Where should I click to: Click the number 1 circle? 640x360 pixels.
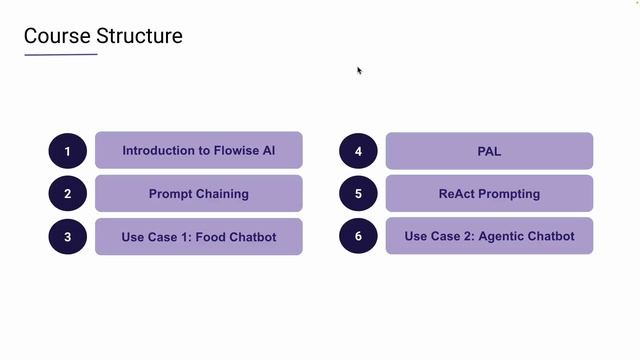[x=68, y=151]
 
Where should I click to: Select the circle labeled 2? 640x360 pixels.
[x=68, y=194]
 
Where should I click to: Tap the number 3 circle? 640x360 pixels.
[x=68, y=237]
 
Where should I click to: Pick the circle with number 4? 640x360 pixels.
[x=358, y=151]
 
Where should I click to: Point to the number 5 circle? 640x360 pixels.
[x=358, y=194]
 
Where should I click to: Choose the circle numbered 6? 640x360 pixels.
[x=358, y=237]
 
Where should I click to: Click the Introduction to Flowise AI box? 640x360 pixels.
[x=198, y=150]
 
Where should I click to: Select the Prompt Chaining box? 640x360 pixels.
[x=198, y=193]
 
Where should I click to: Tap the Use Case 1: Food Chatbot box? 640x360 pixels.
[x=198, y=236]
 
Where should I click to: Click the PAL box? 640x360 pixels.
[x=489, y=151]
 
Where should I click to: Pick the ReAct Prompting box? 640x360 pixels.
[x=489, y=193]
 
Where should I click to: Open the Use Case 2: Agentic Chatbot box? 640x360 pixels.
[x=489, y=236]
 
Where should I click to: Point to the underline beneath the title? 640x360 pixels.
[x=61, y=54]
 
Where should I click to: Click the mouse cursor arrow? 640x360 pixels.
[x=359, y=70]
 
